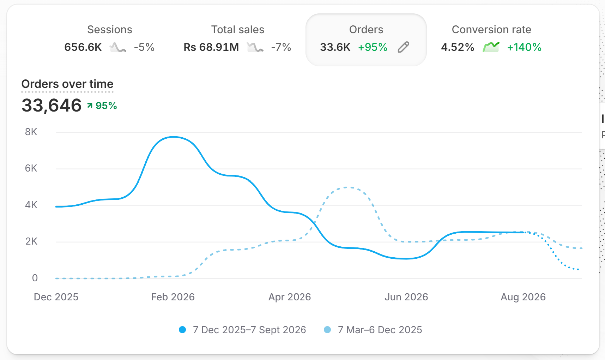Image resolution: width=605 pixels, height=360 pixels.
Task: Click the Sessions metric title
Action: pos(110,30)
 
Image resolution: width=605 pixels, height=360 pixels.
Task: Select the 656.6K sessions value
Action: pos(83,47)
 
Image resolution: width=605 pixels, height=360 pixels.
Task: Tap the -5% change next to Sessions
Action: pos(144,47)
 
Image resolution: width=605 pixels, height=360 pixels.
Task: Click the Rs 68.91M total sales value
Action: pos(211,47)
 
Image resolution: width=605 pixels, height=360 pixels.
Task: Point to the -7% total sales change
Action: pos(281,47)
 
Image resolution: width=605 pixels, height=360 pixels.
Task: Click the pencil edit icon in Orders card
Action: pos(404,47)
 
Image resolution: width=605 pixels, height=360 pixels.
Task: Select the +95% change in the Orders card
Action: pos(373,47)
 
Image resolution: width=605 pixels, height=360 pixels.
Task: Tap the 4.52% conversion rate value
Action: pos(458,47)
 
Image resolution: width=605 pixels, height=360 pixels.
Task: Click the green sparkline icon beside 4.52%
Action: pos(491,47)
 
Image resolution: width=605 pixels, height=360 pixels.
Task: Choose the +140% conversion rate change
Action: pos(524,47)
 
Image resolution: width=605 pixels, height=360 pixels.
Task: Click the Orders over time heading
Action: pos(67,84)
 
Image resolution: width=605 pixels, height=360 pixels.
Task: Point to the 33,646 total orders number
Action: pos(52,106)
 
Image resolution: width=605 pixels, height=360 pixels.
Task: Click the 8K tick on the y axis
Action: pos(31,132)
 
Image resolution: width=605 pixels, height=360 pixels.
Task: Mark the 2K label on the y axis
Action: pos(31,241)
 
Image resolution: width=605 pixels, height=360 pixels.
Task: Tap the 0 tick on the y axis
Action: pos(35,278)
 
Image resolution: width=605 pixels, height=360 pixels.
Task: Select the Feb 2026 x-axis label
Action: pos(173,297)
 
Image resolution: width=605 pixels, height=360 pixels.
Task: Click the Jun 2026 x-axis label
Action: pos(406,297)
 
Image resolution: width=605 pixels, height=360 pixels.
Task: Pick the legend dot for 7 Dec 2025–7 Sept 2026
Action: pos(182,330)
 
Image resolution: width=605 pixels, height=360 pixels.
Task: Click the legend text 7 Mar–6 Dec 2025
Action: pos(380,330)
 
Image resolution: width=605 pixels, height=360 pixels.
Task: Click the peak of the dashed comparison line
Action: pos(348,187)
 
